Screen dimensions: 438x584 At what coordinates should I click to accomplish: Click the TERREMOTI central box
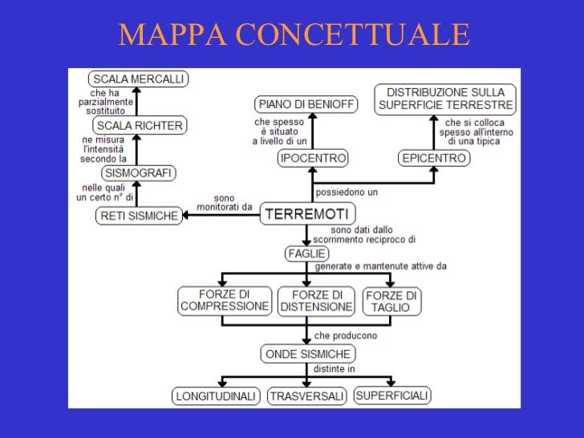click(x=306, y=214)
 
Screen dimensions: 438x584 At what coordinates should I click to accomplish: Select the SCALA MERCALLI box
click(x=138, y=79)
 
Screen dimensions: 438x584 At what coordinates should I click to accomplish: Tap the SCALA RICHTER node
click(x=140, y=126)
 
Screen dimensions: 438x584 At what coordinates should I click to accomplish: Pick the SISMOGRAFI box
click(x=139, y=172)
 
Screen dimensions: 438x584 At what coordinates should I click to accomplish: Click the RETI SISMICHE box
click(x=139, y=215)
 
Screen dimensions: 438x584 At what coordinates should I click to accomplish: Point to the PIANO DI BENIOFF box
click(x=306, y=104)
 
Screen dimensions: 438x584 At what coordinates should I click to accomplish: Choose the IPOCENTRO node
click(x=313, y=158)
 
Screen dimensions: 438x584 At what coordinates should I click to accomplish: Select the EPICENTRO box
click(x=434, y=158)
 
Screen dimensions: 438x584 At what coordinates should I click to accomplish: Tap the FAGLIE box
click(x=306, y=253)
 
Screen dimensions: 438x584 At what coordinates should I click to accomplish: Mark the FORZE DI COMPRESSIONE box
click(x=225, y=301)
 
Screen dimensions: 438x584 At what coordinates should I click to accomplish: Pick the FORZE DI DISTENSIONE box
click(x=316, y=301)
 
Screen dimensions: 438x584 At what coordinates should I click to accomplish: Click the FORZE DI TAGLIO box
click(x=391, y=301)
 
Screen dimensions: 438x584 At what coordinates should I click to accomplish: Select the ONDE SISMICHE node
click(x=307, y=354)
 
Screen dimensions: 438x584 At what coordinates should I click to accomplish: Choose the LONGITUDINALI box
click(x=216, y=396)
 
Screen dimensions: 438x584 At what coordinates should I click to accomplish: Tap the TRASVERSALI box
click(x=306, y=396)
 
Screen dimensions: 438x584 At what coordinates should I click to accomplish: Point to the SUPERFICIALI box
click(x=392, y=395)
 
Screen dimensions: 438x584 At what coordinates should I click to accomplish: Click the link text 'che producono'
click(x=346, y=335)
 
